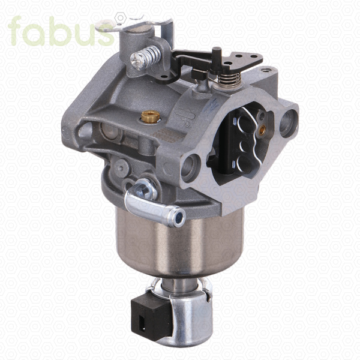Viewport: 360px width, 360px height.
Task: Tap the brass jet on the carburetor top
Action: pyautogui.click(x=151, y=116)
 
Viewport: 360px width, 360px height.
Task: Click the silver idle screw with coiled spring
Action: pyautogui.click(x=145, y=58)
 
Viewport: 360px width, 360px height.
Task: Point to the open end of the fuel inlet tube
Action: pyautogui.click(x=179, y=217)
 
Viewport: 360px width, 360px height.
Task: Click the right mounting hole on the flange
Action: pyautogui.click(x=289, y=123)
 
